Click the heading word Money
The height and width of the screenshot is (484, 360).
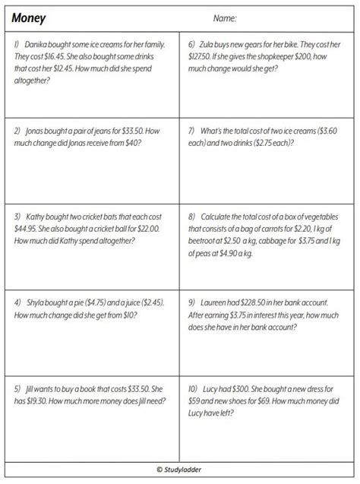pyautogui.click(x=30, y=16)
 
